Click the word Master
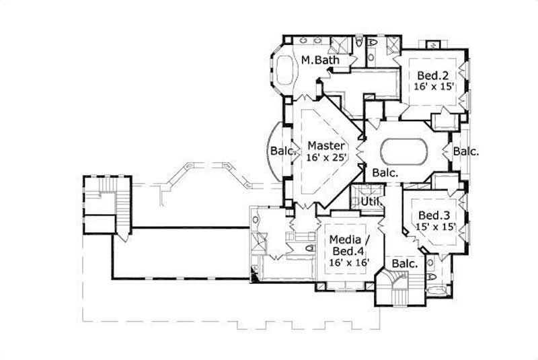tap(326, 145)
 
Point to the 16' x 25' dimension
tap(326, 157)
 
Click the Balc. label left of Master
tap(282, 151)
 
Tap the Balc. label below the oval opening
tap(385, 172)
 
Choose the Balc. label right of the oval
tap(465, 151)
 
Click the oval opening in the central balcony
tap(404, 150)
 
